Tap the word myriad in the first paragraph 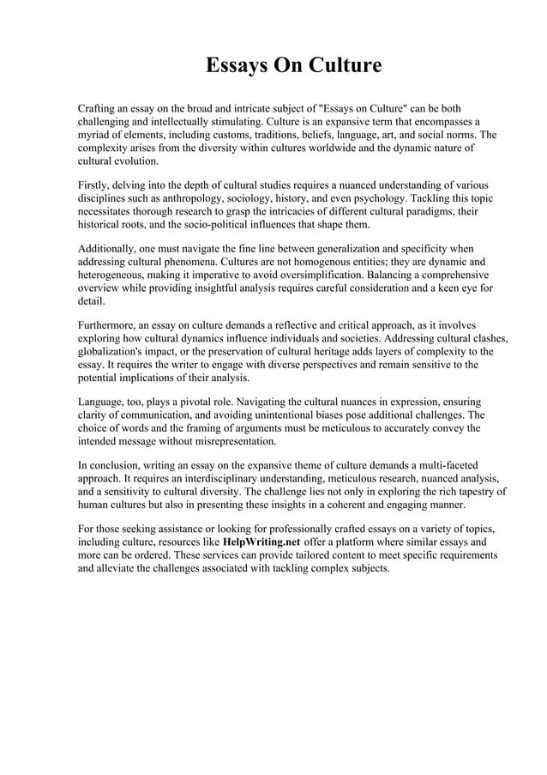[x=96, y=135]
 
